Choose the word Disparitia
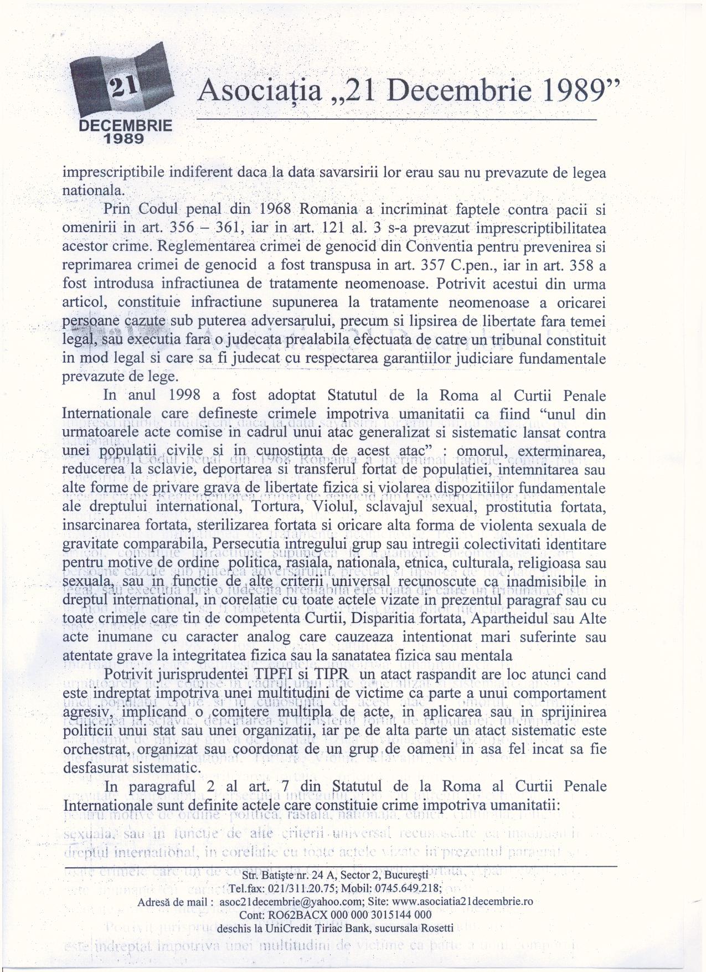[411, 619]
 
